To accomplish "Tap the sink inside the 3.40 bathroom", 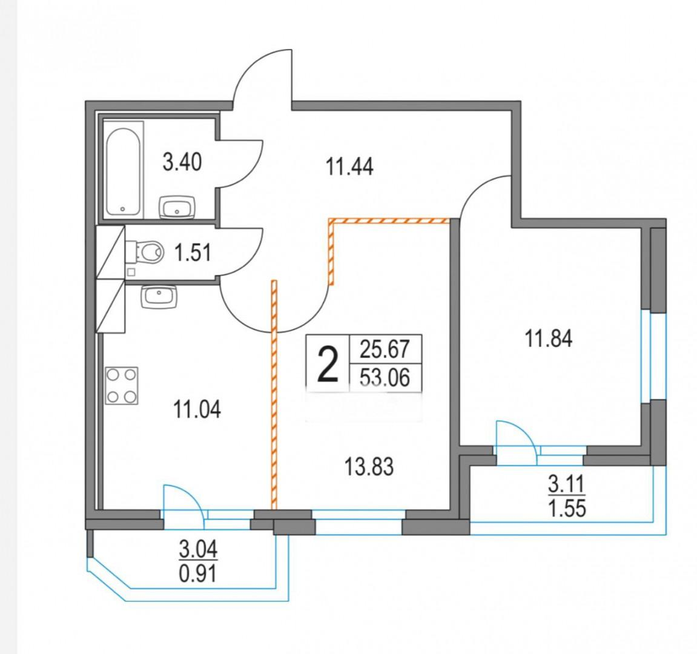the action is pyautogui.click(x=177, y=207).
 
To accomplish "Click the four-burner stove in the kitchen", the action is pyautogui.click(x=121, y=386).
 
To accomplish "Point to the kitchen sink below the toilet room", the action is pyautogui.click(x=159, y=297).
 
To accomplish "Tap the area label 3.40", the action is pyautogui.click(x=182, y=162).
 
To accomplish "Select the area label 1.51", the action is pyautogui.click(x=193, y=253).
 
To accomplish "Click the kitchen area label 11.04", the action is pyautogui.click(x=197, y=409).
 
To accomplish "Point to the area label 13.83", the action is pyautogui.click(x=369, y=467).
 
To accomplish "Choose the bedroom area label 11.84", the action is pyautogui.click(x=549, y=338).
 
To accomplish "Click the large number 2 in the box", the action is pyautogui.click(x=327, y=365).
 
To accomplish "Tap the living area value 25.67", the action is pyautogui.click(x=385, y=349).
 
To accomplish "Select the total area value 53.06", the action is pyautogui.click(x=385, y=378).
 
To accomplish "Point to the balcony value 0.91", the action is pyautogui.click(x=198, y=573).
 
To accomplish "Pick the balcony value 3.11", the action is pyautogui.click(x=567, y=484).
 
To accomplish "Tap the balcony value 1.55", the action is pyautogui.click(x=567, y=508).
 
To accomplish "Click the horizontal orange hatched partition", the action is pyautogui.click(x=389, y=220).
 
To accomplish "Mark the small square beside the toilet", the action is pyautogui.click(x=131, y=272).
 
